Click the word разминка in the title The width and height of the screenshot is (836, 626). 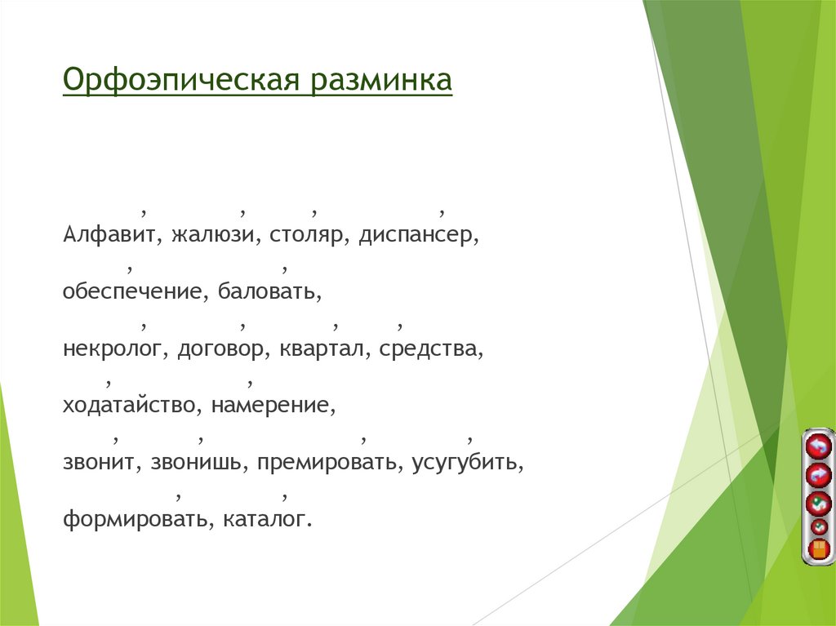tap(380, 82)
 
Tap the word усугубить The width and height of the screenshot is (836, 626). tap(467, 463)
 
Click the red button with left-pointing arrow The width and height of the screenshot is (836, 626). tap(817, 446)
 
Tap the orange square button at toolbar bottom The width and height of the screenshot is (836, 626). tap(818, 549)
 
